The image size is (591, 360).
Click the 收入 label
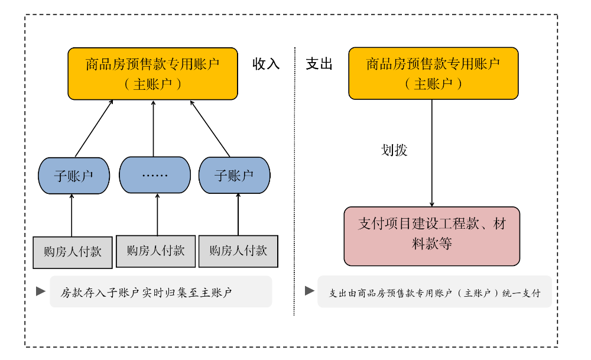[x=266, y=64]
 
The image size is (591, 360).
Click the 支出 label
[x=319, y=64]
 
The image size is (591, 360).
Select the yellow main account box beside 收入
[x=152, y=73]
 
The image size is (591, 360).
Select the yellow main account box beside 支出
[x=433, y=73]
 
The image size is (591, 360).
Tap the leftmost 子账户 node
[x=74, y=175]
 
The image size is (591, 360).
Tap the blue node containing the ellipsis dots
[x=155, y=175]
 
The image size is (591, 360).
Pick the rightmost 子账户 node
[x=234, y=175]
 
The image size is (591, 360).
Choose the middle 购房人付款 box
[x=155, y=251]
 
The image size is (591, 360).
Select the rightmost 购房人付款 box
[x=238, y=251]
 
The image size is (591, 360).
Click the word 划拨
[x=394, y=150]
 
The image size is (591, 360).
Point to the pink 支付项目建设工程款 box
[x=432, y=235]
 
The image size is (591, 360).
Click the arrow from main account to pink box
[x=432, y=177]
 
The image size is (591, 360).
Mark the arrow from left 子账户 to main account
[x=93, y=128]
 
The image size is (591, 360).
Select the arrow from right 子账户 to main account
[x=210, y=128]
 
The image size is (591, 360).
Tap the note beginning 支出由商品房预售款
[x=434, y=292]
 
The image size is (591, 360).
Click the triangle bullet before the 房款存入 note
[x=41, y=291]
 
